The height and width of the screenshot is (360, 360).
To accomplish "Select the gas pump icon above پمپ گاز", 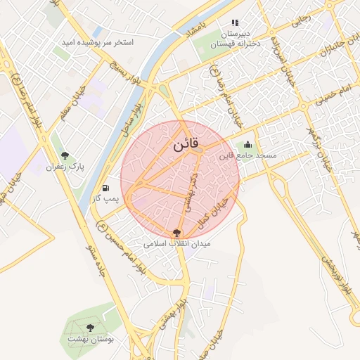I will click(x=105, y=188).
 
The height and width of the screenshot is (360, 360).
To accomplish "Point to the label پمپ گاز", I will click(x=105, y=199).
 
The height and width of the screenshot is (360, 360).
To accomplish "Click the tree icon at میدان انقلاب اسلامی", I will click(x=176, y=233).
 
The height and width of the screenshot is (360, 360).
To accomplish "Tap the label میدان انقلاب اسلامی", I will click(x=176, y=244).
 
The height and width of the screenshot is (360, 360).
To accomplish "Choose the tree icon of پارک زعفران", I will click(x=65, y=155).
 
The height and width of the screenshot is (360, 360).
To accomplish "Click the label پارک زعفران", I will click(x=65, y=167).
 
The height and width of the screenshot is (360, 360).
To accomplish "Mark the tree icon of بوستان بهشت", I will click(x=90, y=327).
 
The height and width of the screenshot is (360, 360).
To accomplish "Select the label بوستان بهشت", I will click(x=90, y=338).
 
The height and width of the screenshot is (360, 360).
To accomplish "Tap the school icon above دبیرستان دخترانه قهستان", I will click(x=235, y=23).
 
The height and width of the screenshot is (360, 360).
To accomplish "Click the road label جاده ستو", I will click(x=92, y=259).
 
